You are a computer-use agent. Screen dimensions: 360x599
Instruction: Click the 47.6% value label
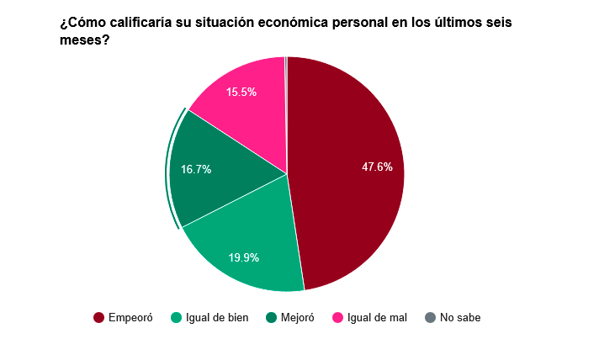point(377,167)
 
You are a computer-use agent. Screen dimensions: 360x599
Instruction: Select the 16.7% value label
point(196,169)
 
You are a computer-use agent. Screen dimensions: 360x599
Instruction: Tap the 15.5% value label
point(241,93)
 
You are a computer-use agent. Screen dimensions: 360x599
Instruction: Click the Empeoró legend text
point(130,318)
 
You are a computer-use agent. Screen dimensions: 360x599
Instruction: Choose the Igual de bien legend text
point(217,318)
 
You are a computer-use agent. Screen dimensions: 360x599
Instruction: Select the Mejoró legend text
point(297,318)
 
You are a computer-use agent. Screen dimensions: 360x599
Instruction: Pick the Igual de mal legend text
point(377,318)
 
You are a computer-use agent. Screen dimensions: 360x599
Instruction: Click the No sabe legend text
point(460,318)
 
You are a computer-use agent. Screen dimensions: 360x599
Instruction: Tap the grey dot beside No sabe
point(431,318)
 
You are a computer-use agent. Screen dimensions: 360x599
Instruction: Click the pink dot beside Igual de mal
point(338,318)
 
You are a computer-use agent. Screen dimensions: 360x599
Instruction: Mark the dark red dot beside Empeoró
point(98,318)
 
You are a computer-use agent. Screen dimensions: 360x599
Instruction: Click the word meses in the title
point(80,40)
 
